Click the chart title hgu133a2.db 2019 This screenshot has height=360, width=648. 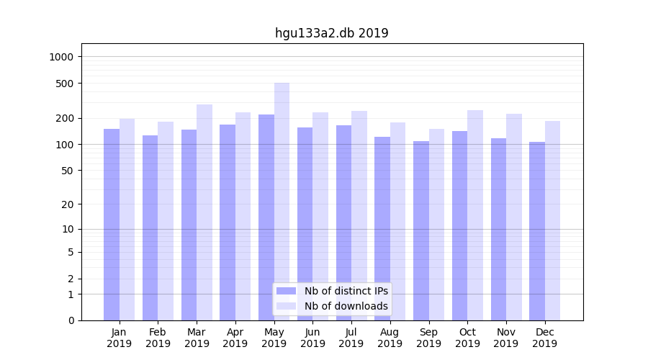pyautogui.click(x=331, y=33)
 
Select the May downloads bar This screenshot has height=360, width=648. pyautogui.click(x=282, y=202)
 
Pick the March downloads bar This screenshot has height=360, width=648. pyautogui.click(x=204, y=212)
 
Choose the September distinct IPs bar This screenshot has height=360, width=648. pyautogui.click(x=421, y=230)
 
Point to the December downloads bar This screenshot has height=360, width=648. pyautogui.click(x=553, y=220)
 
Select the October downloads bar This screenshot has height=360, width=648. pyautogui.click(x=475, y=215)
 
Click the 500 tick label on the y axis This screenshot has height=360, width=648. pyautogui.click(x=66, y=84)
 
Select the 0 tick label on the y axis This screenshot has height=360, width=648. pyautogui.click(x=71, y=320)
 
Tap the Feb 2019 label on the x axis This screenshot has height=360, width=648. pyautogui.click(x=158, y=338)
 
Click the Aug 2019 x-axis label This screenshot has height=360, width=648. pyautogui.click(x=390, y=338)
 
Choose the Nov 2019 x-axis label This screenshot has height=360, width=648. pyautogui.click(x=506, y=338)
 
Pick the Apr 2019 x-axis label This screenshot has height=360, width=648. pyautogui.click(x=235, y=338)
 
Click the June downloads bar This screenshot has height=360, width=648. pyautogui.click(x=320, y=216)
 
